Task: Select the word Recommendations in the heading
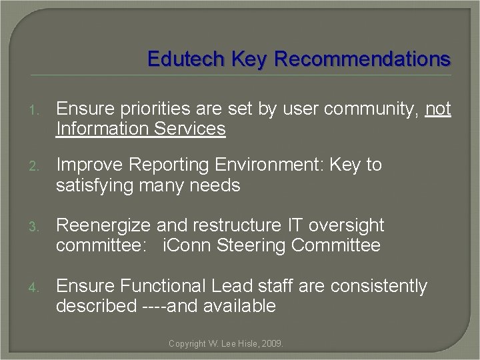tap(363, 59)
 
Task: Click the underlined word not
tap(438, 109)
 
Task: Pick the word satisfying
tap(96, 185)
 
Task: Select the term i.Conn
tap(186, 245)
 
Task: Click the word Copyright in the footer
tap(187, 344)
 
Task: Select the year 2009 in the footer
tap(272, 344)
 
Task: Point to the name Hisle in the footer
tap(247, 344)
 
